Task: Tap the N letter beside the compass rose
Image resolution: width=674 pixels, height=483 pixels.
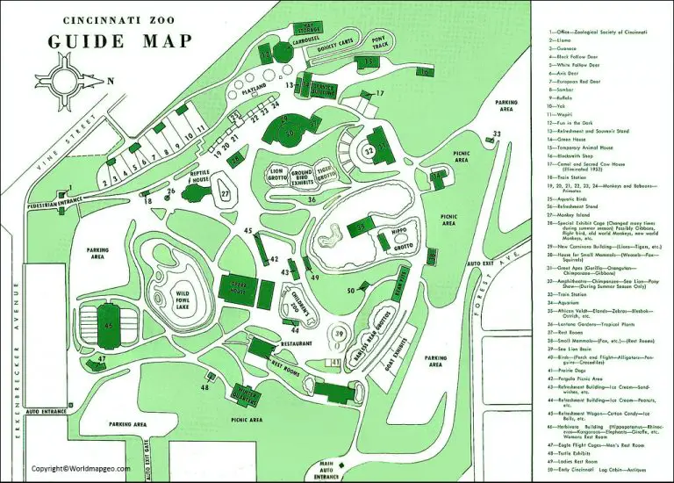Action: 111,82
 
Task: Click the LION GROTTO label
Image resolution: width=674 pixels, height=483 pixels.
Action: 278,175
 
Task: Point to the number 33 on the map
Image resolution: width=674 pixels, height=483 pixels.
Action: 497,133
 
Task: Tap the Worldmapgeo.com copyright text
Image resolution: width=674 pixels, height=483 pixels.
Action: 80,468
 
